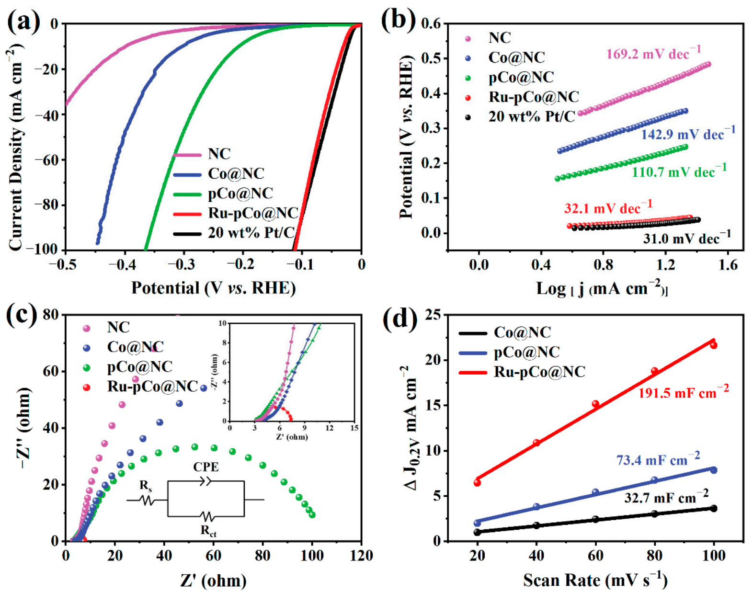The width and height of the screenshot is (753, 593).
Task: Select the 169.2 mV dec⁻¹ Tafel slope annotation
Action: [653, 53]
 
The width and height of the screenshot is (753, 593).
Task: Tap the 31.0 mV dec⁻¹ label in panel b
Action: [686, 238]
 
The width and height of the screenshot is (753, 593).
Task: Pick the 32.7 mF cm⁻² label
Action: [666, 497]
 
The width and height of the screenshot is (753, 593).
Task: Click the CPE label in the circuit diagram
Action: [206, 467]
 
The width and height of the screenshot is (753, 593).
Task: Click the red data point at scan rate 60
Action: [595, 404]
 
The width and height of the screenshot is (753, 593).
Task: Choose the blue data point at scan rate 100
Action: [714, 470]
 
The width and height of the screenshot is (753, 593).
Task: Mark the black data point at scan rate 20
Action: [477, 532]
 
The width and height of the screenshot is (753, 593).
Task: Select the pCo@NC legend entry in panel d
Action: [526, 352]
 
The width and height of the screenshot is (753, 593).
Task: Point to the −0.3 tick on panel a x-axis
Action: [183, 264]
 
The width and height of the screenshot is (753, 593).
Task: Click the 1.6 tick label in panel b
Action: [728, 264]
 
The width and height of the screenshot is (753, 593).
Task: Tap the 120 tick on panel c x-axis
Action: [361, 556]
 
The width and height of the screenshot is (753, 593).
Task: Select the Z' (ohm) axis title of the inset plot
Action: [292, 437]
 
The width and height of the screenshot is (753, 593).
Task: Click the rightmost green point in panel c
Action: [312, 515]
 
